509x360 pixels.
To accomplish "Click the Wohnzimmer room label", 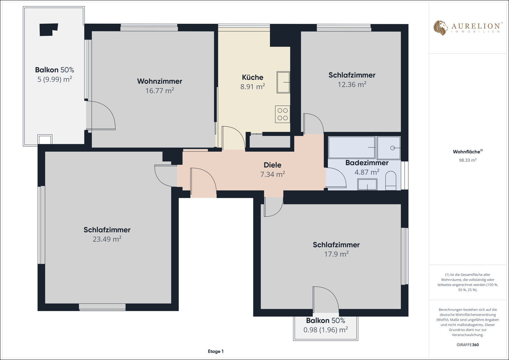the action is point(160,81).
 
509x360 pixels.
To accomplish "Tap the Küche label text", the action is point(252,77).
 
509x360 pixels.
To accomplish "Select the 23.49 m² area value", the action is point(107,239).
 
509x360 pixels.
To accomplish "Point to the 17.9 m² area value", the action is point(336,254).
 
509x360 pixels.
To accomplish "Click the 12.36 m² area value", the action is point(352,84).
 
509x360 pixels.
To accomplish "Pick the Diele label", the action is point(272,165).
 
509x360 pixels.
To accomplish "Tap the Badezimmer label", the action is point(367,163).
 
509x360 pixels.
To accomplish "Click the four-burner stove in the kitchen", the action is point(282,114).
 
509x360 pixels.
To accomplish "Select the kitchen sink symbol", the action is point(283,82).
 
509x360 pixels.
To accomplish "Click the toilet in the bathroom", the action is point(391,181).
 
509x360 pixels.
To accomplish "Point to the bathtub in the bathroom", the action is point(351,147).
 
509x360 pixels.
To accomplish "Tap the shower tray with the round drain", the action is point(389,148).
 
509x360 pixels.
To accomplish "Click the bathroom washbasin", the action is point(367,184).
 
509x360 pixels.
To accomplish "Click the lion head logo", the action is point(440,28).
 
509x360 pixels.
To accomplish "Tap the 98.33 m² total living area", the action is point(468,160).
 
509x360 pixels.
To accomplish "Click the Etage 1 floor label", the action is point(216,352).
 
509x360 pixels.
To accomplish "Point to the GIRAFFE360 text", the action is point(468,345).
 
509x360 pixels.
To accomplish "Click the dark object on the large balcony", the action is point(48,29).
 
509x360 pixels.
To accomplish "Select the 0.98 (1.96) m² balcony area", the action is point(326,330).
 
